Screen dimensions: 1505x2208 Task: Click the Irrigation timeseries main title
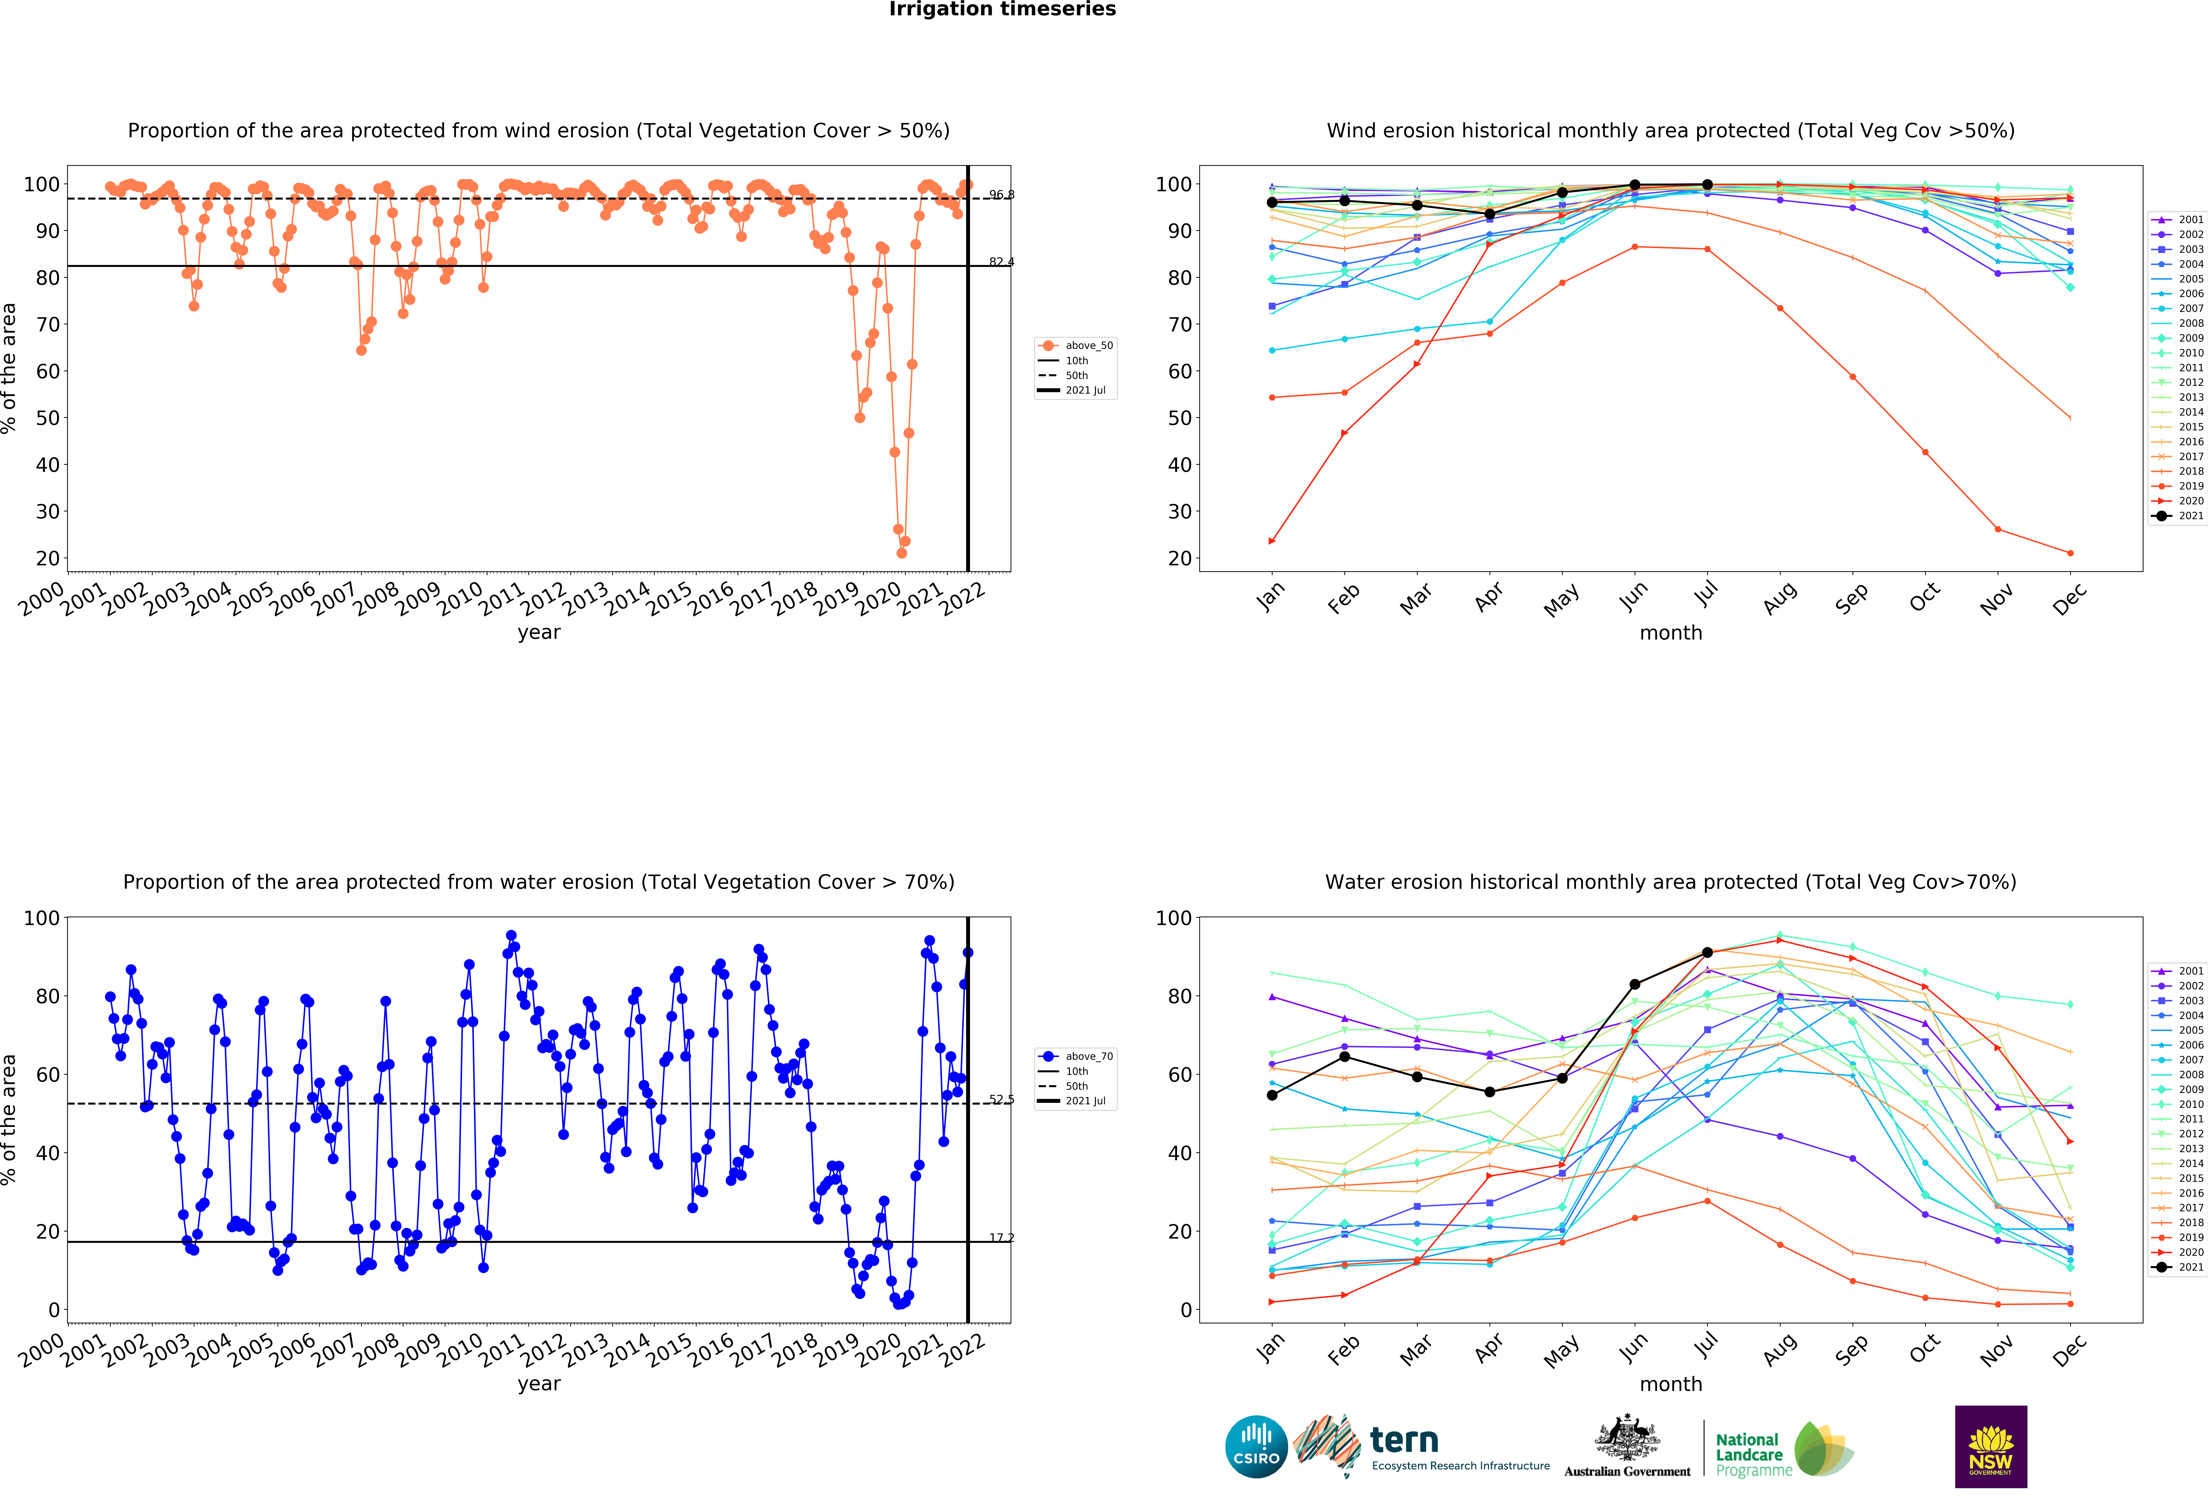point(1002,9)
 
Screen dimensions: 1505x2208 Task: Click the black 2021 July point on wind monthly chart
point(1707,184)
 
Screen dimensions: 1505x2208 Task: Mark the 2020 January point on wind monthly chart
point(1272,542)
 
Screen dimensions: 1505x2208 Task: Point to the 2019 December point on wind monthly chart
point(2070,553)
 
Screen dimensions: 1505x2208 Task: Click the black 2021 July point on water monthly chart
point(1707,952)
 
